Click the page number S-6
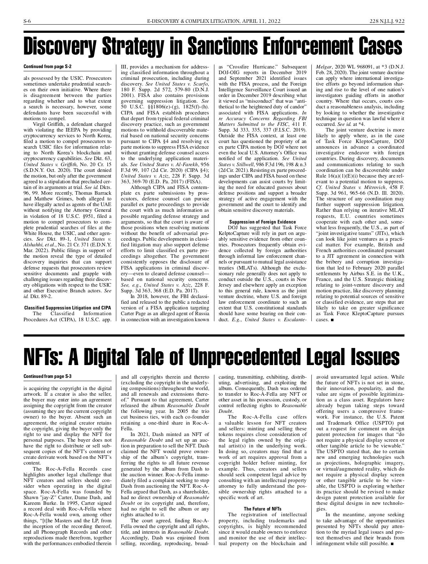coord(27,21)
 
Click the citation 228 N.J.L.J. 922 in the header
coord(387,21)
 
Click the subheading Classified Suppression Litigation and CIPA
coord(67,308)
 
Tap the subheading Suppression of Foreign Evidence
coord(263,222)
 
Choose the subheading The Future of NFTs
coord(263,509)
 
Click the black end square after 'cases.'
coord(332,320)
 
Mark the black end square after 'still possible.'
coord(392,544)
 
